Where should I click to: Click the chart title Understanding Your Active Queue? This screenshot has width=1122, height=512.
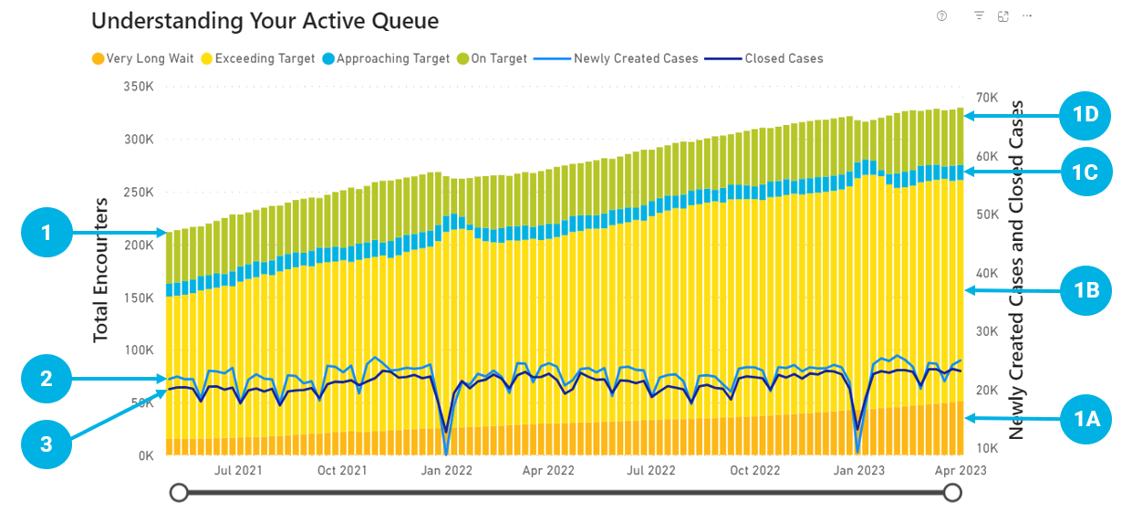[265, 21]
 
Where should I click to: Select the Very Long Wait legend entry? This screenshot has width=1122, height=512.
[149, 58]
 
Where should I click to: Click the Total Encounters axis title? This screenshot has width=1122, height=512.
[101, 270]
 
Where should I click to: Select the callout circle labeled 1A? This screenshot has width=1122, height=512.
[1086, 418]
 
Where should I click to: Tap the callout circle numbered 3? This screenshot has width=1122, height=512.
[47, 444]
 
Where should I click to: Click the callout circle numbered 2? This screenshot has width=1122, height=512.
[47, 379]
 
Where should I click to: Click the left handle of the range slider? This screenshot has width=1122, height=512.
[180, 493]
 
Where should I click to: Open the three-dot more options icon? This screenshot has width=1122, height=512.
[1027, 16]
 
